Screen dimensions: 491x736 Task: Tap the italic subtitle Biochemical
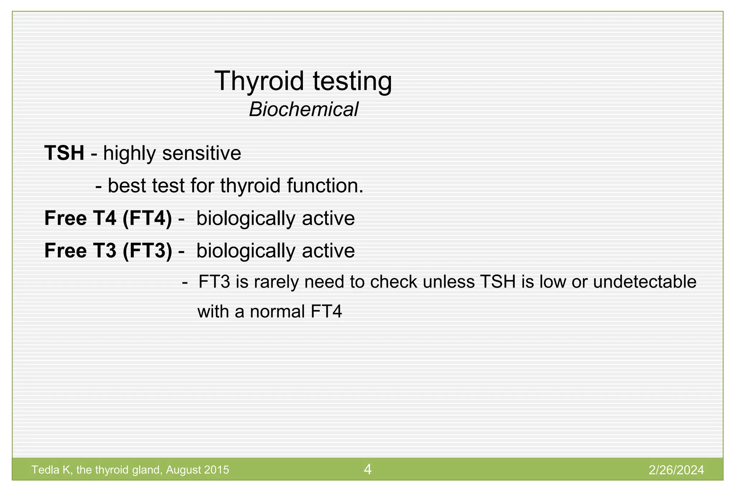[304, 109]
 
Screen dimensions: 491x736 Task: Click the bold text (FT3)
[147, 251]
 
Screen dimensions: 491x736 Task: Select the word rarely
[277, 282]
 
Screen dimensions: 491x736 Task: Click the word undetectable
[645, 282]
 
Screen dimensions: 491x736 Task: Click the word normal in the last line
[277, 311]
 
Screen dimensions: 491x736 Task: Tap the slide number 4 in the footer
[368, 469]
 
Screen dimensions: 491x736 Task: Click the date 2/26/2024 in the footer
[676, 470]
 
